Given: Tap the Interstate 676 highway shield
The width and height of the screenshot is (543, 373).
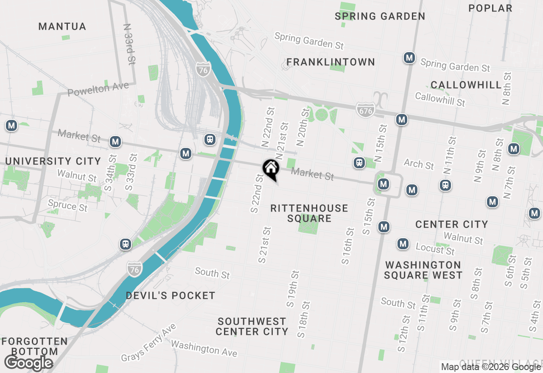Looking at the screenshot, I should coord(365,110).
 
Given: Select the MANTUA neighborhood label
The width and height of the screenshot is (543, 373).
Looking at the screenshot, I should coord(62,27).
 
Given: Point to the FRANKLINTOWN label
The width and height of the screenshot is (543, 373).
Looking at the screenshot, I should coord(331,62).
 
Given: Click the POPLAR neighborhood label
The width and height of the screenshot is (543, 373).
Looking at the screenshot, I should coord(490,8).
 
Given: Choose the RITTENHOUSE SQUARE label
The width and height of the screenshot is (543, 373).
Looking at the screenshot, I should coord(309,213).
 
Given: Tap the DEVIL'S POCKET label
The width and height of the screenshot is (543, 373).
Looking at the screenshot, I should coord(171,295).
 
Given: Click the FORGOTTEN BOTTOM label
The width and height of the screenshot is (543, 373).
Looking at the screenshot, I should coord(34,346).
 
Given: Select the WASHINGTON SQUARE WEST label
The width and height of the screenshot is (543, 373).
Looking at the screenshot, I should coord(423,270).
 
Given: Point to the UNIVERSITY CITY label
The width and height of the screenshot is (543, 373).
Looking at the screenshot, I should coord(53,161).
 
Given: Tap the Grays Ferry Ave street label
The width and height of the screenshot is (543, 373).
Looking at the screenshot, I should coord(148,343).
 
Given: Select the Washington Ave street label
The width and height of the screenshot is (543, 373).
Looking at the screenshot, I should coord(204,348).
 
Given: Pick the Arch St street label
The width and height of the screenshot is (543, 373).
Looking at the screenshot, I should coord(419,164).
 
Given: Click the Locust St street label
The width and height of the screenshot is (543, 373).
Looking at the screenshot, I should coord(435,249).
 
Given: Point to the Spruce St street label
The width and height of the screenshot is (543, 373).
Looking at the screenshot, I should coord(67,206).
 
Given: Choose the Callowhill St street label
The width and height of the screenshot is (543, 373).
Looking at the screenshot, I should coord(440,99).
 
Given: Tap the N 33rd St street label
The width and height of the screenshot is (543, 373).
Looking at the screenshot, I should coord(129,44).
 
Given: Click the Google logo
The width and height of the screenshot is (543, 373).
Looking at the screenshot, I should coord(28,363).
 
